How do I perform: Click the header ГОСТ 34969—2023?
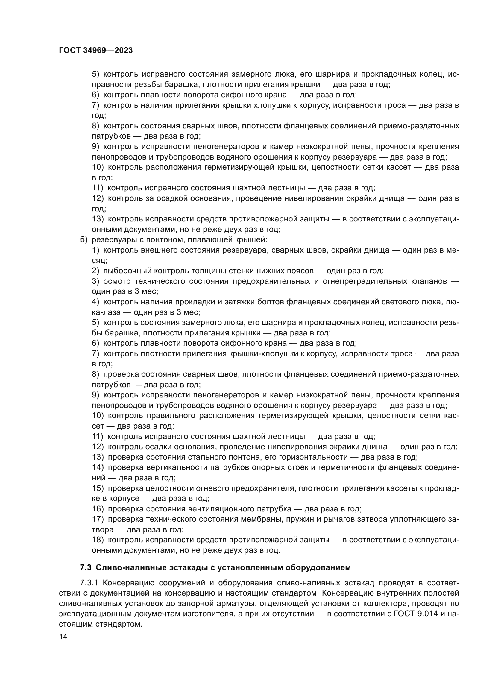click(x=96, y=51)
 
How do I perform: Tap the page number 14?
click(x=63, y=637)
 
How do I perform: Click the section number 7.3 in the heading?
click(x=86, y=568)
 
